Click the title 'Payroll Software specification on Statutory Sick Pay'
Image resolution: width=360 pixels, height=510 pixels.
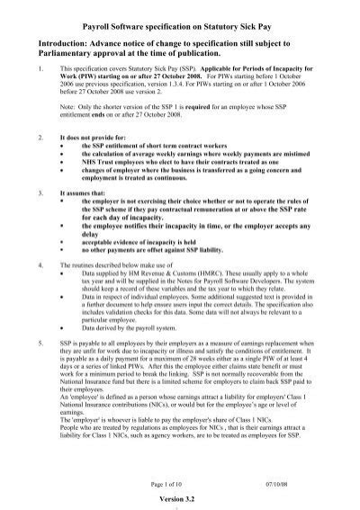181,15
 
